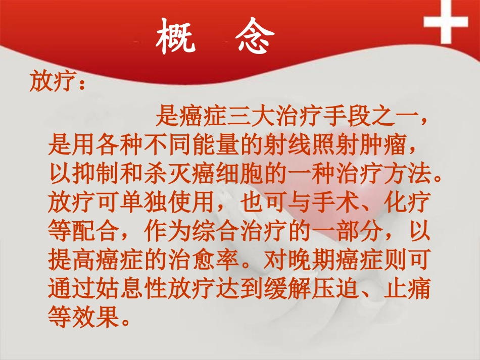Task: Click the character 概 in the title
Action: click(176, 36)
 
